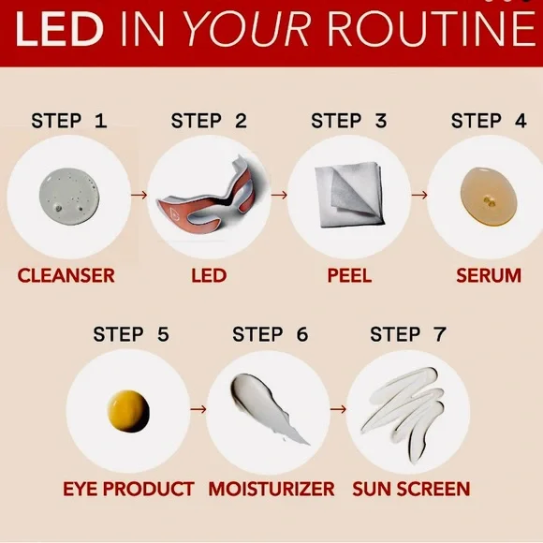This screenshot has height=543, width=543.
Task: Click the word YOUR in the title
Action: point(247,29)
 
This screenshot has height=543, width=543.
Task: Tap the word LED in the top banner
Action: point(59,29)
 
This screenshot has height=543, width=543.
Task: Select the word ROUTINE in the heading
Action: point(432,29)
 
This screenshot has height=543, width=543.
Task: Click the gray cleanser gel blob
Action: point(70,197)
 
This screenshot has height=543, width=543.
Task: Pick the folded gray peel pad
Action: point(349,196)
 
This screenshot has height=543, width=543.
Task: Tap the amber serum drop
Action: point(490,197)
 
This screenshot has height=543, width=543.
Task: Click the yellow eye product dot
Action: point(128,411)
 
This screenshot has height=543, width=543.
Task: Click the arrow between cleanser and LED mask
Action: point(139,195)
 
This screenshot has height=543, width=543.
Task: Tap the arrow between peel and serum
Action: point(419,195)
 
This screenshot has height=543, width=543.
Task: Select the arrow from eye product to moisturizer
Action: point(198,409)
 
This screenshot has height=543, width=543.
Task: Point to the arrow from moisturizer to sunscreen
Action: point(338,409)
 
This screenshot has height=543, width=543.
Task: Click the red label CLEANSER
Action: point(66,275)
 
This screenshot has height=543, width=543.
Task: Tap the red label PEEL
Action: point(349,275)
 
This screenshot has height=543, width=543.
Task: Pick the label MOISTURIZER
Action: point(271,489)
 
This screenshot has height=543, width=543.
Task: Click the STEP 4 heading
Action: point(489,121)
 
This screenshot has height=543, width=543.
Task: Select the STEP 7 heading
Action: point(408,334)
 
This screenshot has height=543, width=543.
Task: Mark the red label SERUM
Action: point(489,275)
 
